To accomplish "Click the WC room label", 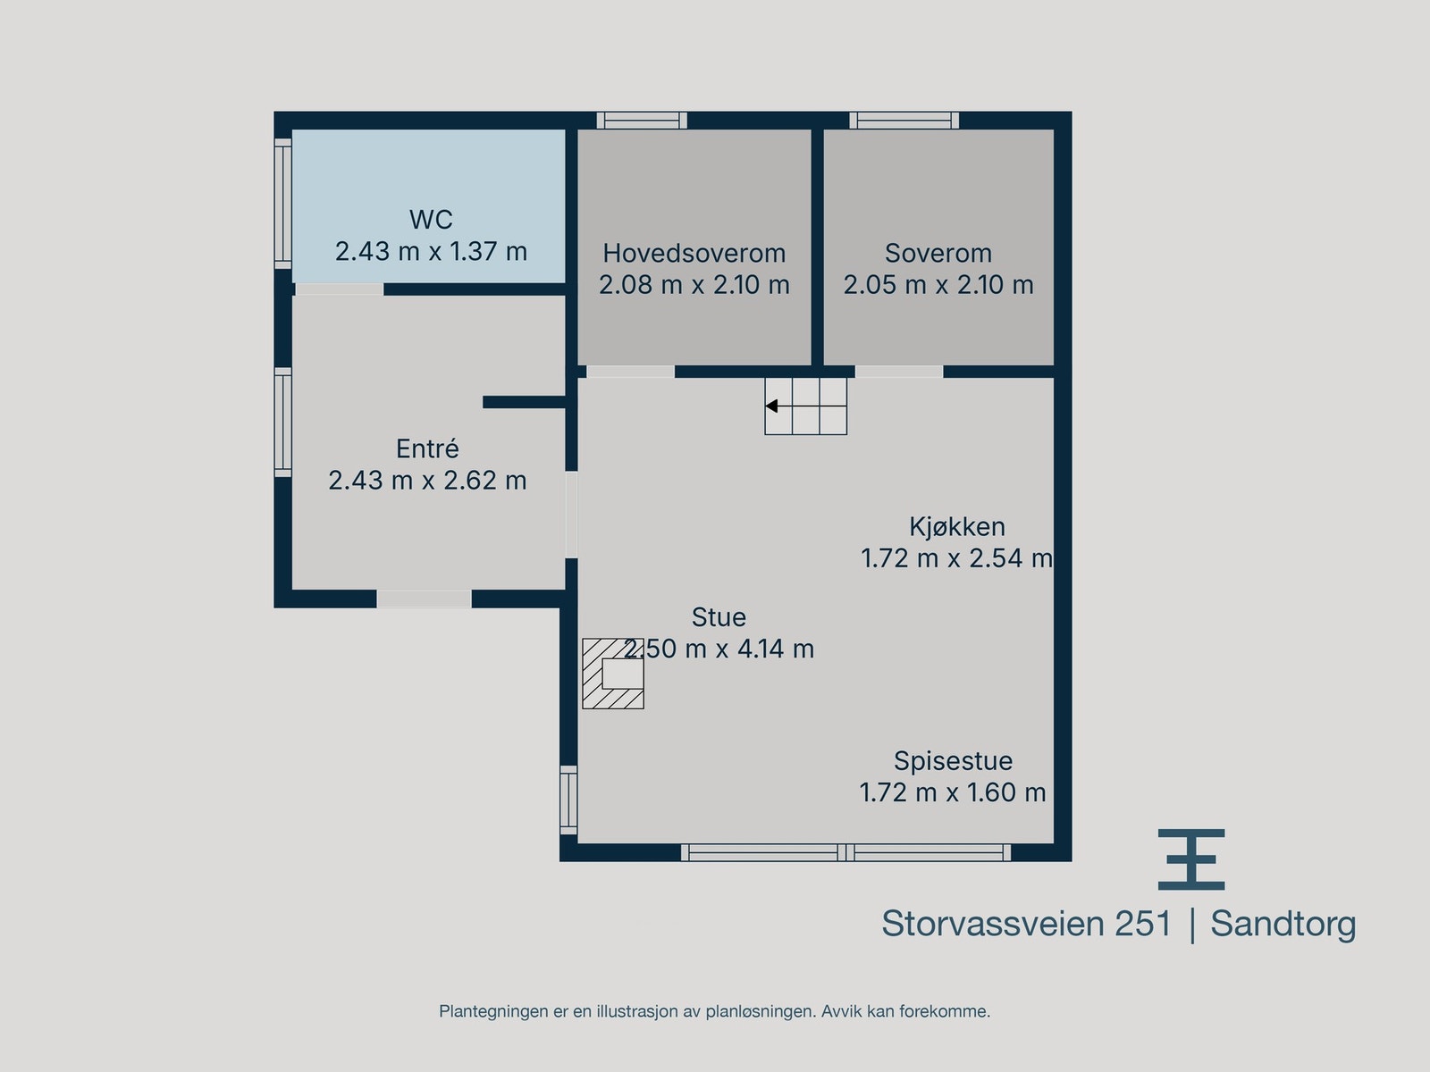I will (431, 219).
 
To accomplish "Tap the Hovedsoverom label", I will (694, 253).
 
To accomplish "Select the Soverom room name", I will (938, 253).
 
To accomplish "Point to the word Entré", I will (427, 448).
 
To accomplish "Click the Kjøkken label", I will (957, 526).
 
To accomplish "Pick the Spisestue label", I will (953, 761).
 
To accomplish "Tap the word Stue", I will (719, 617).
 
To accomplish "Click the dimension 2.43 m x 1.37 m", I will (431, 251).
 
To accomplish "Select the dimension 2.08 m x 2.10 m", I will (694, 285).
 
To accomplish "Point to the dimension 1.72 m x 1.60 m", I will (953, 792).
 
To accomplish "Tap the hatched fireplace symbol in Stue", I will (613, 674).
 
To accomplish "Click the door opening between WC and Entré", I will (339, 289).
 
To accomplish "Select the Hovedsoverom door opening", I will (630, 372).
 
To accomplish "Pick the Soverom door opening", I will (898, 372).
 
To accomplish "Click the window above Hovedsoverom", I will (642, 121).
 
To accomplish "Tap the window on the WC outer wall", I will (282, 203).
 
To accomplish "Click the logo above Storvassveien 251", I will (1191, 859).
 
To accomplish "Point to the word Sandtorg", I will (1283, 924).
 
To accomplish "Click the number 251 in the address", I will (1142, 924).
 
